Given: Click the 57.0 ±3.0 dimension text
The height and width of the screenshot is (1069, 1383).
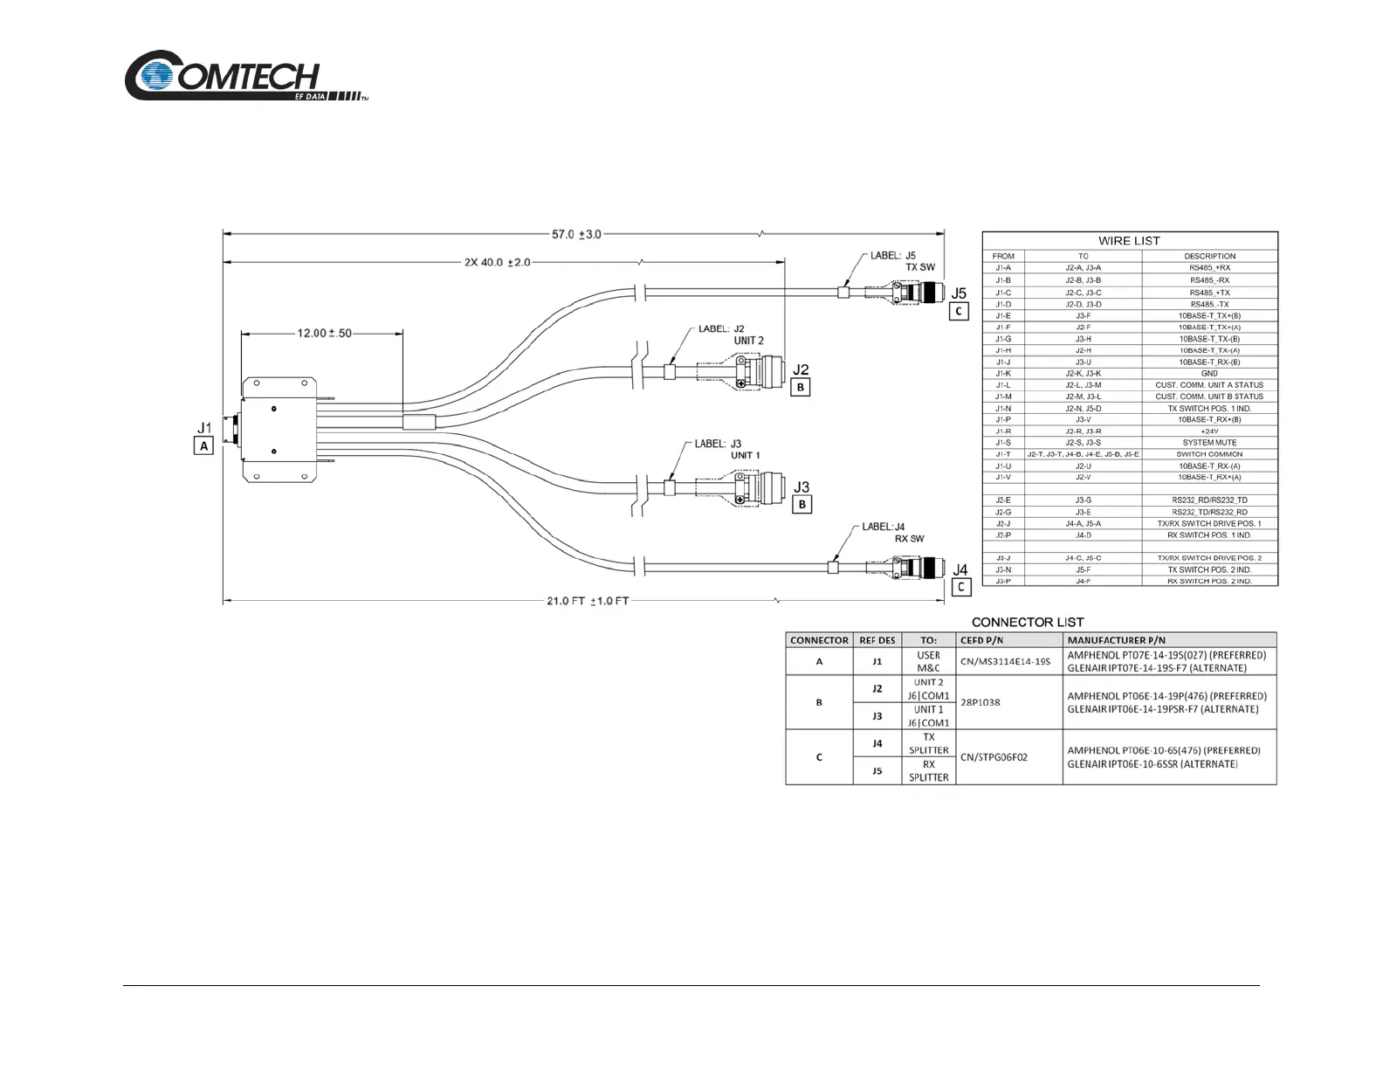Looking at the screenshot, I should (576, 234).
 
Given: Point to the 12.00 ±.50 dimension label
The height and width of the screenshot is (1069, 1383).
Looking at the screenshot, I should (324, 333).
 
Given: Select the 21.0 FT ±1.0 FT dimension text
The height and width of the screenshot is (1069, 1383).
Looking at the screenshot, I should (588, 601).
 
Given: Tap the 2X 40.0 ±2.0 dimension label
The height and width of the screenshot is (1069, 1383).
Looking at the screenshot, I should (497, 262).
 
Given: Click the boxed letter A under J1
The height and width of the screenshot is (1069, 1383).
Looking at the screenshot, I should (203, 445).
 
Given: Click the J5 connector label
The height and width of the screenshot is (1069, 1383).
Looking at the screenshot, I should (959, 293).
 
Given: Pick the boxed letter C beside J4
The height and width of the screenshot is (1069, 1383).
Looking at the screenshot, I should (960, 587).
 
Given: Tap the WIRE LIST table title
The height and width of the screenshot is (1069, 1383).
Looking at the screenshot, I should (1129, 240).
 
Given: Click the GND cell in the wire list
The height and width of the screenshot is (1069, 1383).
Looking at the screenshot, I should (1209, 373).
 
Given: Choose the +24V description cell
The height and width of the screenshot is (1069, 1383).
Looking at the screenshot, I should (1209, 431).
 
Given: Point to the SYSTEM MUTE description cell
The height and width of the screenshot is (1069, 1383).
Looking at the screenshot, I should (1209, 443).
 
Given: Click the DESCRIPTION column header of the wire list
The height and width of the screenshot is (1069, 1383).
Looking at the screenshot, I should (1209, 256).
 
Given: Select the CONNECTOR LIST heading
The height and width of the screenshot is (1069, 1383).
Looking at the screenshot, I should (1027, 622).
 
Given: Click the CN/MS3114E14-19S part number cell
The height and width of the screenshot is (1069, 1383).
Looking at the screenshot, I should (1005, 662).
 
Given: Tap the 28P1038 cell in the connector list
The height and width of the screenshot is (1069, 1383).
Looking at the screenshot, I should (980, 702).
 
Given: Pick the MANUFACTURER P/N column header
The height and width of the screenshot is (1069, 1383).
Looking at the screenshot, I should (1116, 640).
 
